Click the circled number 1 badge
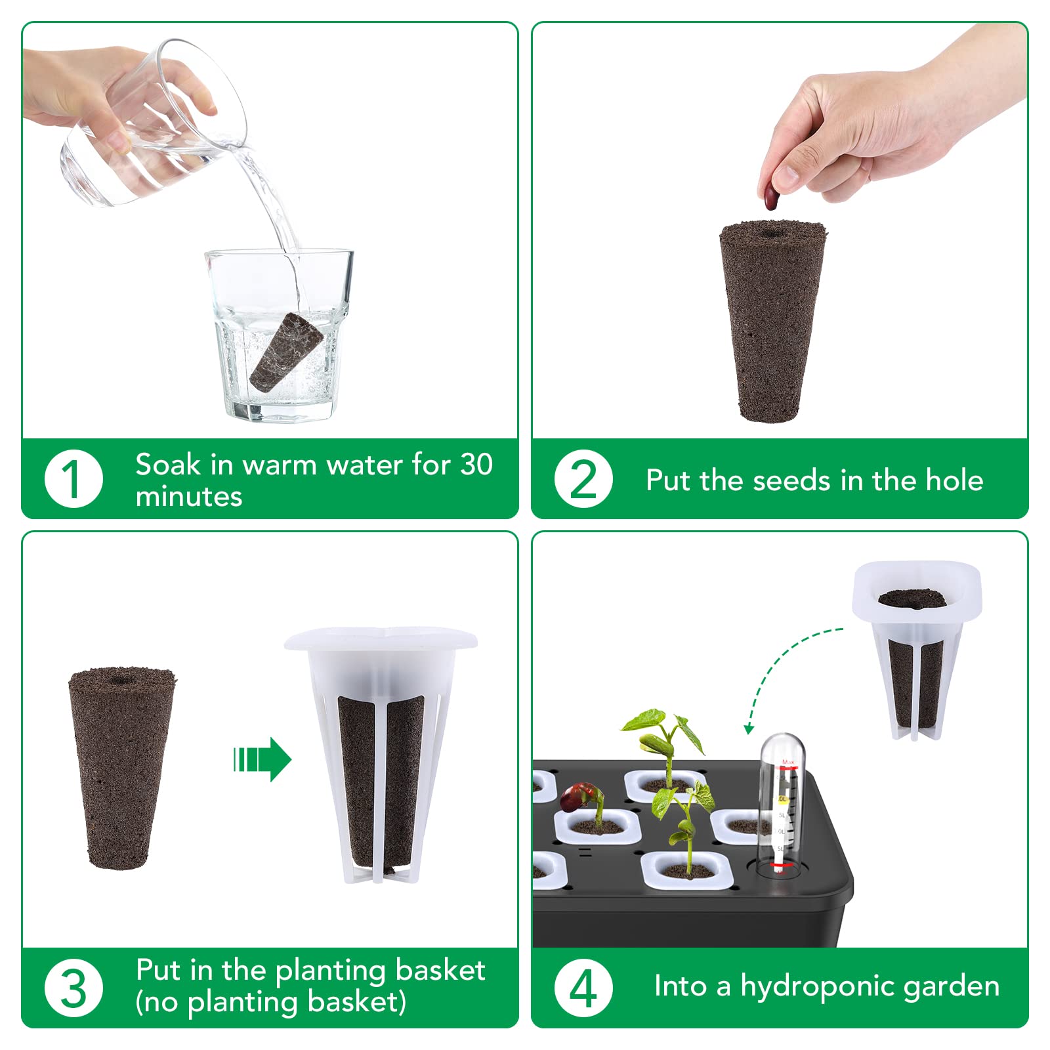point(73,479)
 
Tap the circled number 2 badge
point(583,479)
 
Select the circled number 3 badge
point(73,988)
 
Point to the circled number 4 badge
point(583,988)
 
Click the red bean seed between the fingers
point(771,196)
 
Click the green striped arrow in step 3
point(262,760)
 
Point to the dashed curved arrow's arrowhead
point(749,728)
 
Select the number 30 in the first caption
point(476,465)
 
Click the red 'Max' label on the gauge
point(788,763)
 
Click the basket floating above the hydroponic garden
point(917,650)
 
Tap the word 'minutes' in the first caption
point(189,497)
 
